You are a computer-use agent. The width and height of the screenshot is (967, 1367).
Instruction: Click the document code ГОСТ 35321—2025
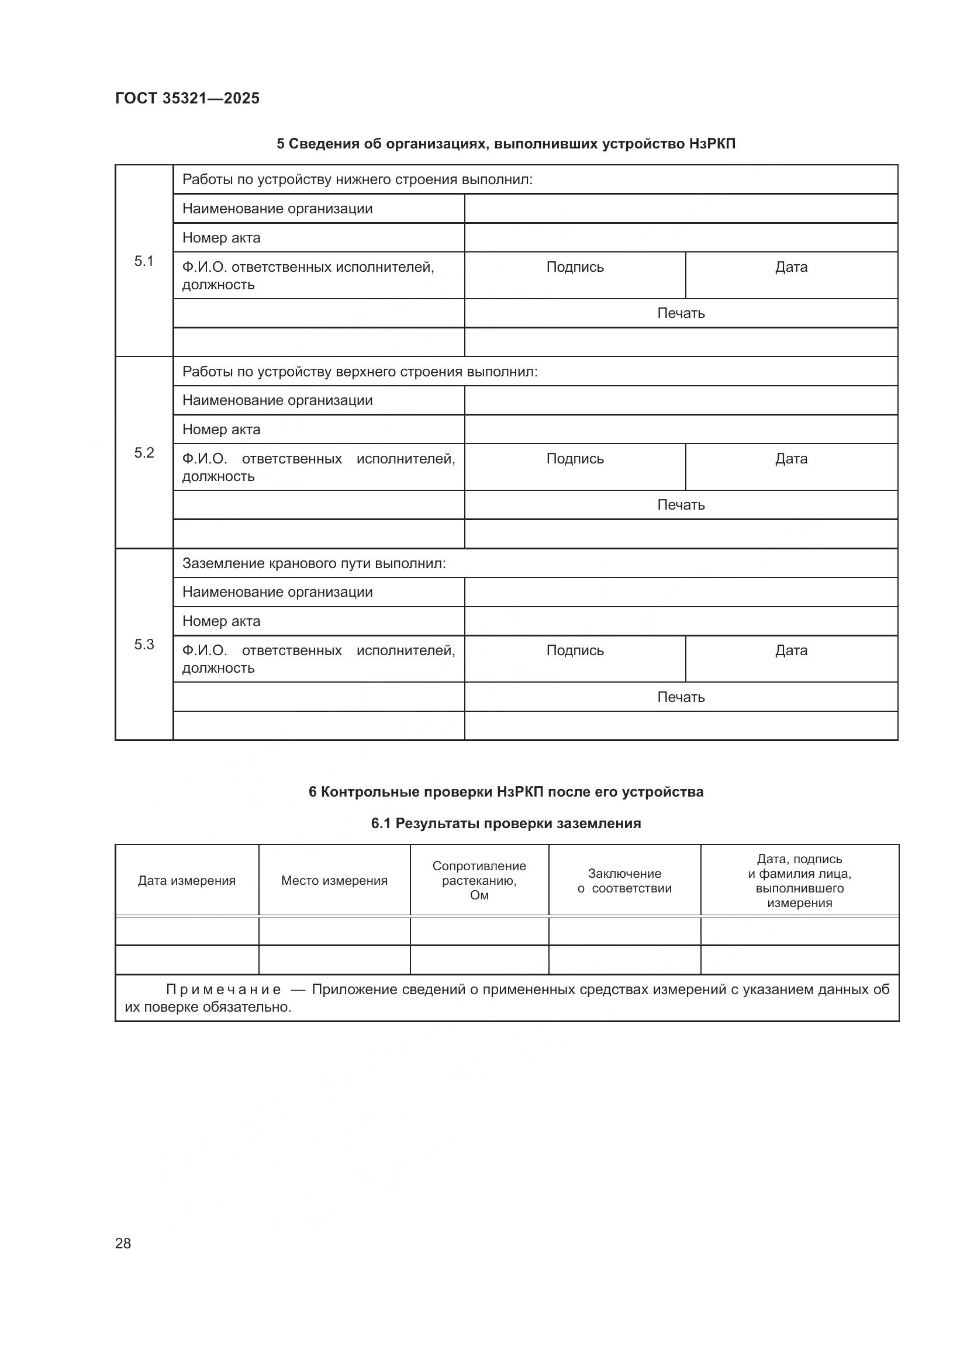pos(187,98)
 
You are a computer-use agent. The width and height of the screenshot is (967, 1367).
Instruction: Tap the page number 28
pos(123,1243)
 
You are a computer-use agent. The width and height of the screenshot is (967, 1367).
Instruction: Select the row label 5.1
pos(143,261)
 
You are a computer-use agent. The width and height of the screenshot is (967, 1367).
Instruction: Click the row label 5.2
pos(143,452)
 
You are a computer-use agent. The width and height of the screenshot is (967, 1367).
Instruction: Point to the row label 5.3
pos(143,644)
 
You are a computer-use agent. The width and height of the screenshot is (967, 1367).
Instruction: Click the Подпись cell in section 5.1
pos(575,267)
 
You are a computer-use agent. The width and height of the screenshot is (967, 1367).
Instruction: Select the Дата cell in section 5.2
pos(791,459)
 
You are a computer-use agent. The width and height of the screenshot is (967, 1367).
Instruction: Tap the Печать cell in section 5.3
pos(681,697)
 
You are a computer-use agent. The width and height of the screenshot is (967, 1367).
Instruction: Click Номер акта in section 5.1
pos(221,238)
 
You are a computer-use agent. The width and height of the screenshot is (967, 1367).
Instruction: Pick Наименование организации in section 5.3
pos(277,593)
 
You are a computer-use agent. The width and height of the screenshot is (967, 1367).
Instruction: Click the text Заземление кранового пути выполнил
pos(314,563)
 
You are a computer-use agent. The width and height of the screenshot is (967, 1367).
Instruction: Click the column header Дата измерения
pos(187,881)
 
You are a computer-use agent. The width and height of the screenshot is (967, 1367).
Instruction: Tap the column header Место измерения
pos(334,881)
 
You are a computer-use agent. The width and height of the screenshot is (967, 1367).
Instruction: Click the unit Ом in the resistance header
pos(479,895)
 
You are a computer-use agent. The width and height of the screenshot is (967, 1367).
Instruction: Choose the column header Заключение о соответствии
pos(624,881)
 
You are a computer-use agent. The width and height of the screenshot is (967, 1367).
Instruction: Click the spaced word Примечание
pos(223,989)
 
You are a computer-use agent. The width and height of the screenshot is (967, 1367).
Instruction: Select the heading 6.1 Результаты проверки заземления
pos(506,823)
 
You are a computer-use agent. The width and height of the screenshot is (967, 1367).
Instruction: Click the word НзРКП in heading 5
pos(712,144)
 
